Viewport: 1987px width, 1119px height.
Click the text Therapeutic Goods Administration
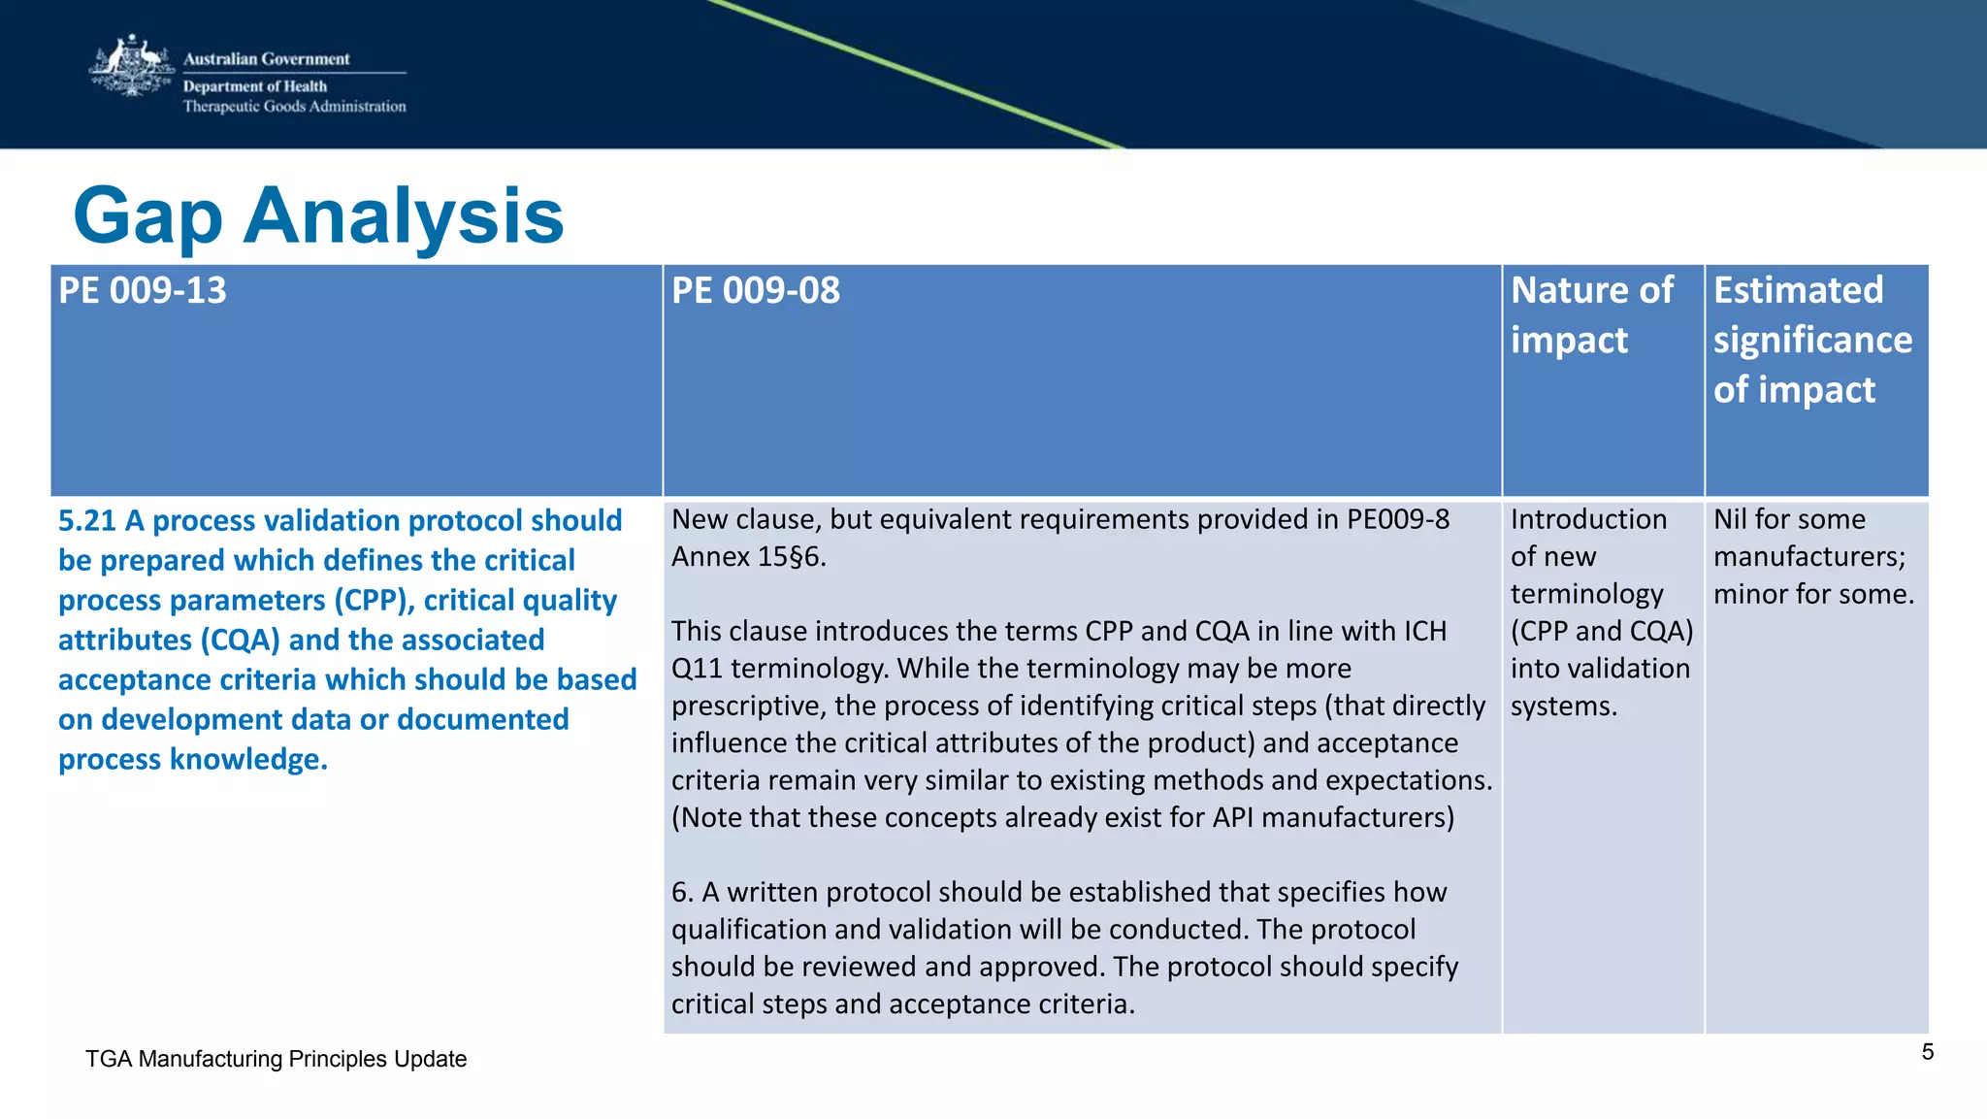click(294, 107)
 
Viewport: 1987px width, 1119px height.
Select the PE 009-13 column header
click(143, 291)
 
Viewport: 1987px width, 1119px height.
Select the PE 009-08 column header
click(756, 291)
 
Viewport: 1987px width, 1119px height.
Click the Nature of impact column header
click(1591, 314)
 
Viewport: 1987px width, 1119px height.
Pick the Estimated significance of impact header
click(1811, 340)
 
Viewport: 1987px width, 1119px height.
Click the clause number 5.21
click(86, 521)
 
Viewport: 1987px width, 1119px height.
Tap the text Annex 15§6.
click(748, 557)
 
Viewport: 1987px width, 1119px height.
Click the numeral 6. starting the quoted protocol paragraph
click(682, 892)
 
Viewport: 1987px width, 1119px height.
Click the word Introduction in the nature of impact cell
click(1588, 519)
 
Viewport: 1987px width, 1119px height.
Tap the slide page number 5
click(1927, 1052)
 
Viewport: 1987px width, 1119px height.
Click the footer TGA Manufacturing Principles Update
click(276, 1059)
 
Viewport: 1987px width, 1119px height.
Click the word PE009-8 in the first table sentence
click(1398, 519)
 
